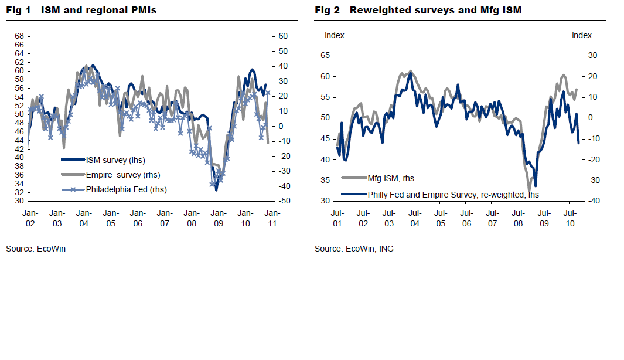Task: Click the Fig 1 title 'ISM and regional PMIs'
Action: pos(98,11)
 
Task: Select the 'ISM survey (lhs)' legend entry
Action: pos(115,159)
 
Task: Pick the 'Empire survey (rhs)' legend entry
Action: pos(122,175)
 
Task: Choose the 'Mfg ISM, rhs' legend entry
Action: pos(391,178)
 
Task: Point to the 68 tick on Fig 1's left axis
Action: pos(19,36)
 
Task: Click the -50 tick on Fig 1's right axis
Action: pos(282,201)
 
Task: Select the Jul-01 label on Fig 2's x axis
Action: pos(337,218)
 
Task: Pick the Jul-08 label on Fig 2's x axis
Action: pos(518,218)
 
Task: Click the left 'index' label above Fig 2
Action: pos(335,35)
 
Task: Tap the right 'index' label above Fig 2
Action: pos(582,35)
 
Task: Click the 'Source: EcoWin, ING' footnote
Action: pos(354,249)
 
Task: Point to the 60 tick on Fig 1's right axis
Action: pos(282,36)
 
